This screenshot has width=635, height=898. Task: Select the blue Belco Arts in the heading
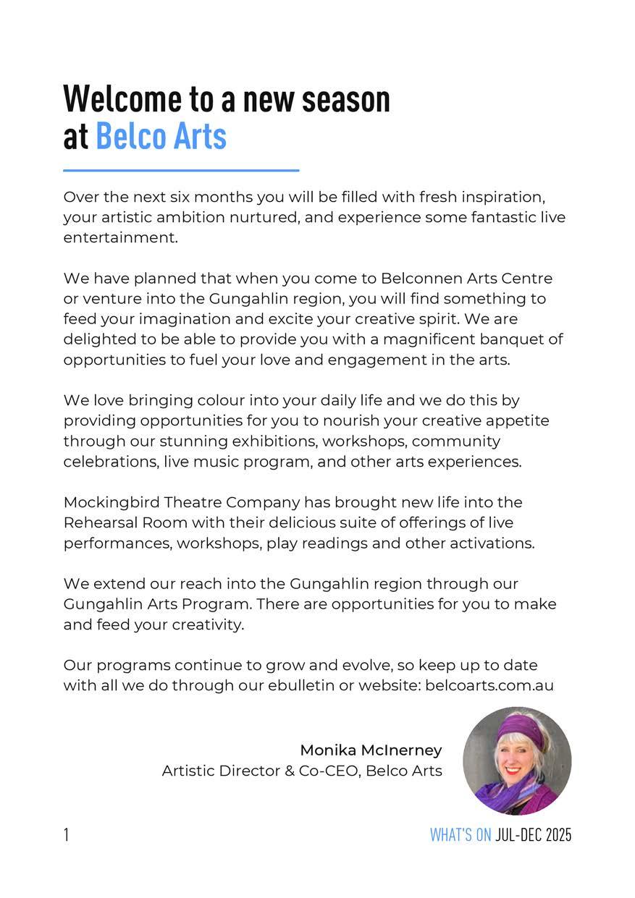click(x=161, y=136)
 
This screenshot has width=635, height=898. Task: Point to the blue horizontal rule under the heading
click(x=181, y=171)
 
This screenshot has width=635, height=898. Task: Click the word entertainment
click(x=119, y=238)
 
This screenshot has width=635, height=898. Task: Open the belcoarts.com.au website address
click(x=489, y=685)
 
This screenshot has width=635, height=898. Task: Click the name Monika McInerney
click(x=371, y=750)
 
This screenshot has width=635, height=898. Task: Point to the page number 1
click(x=67, y=835)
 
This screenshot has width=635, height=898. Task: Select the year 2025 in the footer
click(x=558, y=835)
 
